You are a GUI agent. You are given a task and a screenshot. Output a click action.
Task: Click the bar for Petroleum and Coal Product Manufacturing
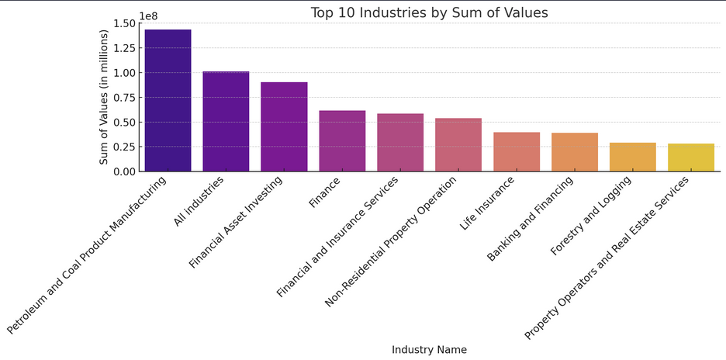point(168,100)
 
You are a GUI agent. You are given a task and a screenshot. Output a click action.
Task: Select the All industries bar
point(226,121)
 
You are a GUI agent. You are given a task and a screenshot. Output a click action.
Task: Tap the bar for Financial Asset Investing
point(284,126)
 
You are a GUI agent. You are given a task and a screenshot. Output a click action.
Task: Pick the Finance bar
point(342,140)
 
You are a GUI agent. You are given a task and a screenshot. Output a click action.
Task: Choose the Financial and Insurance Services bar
point(400,142)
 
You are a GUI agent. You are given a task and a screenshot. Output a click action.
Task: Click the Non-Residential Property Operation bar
point(458,144)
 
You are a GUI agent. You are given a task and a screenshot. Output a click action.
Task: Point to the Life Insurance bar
point(517,151)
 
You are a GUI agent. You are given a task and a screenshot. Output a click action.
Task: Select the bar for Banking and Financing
point(575,152)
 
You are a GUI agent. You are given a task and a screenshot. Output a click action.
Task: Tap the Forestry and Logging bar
point(633,157)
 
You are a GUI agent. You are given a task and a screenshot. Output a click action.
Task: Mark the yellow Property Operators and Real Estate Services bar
point(691,157)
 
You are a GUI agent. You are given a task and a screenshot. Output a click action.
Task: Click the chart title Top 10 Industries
point(429,12)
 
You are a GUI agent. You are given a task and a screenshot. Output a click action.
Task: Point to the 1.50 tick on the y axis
point(124,23)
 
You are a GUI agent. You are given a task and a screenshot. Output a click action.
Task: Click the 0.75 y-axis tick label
point(124,98)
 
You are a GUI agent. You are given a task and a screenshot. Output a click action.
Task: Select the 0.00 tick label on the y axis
point(124,171)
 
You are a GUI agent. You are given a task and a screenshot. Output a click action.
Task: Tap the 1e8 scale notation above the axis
point(148,16)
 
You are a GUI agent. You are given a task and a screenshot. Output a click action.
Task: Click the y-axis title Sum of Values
point(104,97)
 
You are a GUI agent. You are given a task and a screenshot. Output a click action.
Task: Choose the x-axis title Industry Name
point(429,350)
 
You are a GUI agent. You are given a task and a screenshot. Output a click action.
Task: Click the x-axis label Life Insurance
point(487,203)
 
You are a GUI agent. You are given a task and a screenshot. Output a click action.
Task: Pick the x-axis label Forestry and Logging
point(590,216)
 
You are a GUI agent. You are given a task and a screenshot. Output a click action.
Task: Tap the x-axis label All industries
point(199,202)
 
